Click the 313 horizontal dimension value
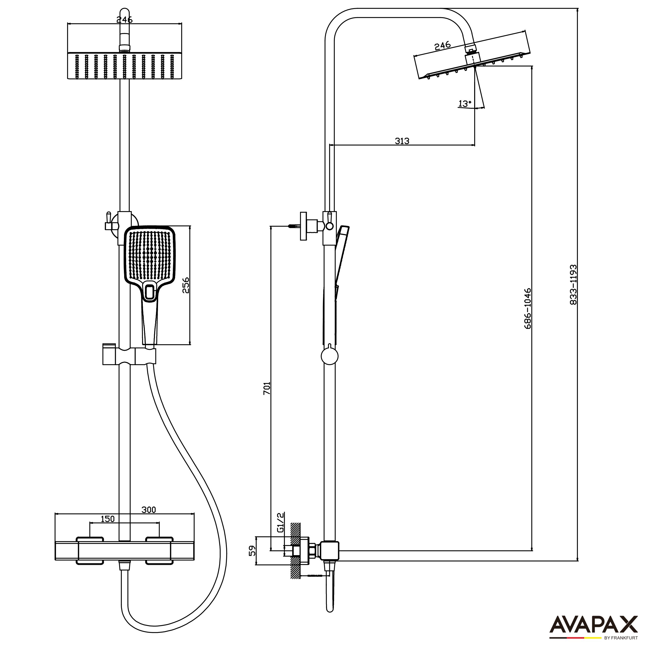click(x=402, y=141)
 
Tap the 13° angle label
click(x=464, y=104)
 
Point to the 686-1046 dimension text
click(x=527, y=308)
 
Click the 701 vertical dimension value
click(x=266, y=388)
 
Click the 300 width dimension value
click(x=148, y=509)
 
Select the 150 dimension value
click(x=108, y=519)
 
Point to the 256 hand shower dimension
click(x=185, y=285)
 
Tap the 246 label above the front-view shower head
click(x=124, y=20)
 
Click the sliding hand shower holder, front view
click(x=129, y=357)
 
